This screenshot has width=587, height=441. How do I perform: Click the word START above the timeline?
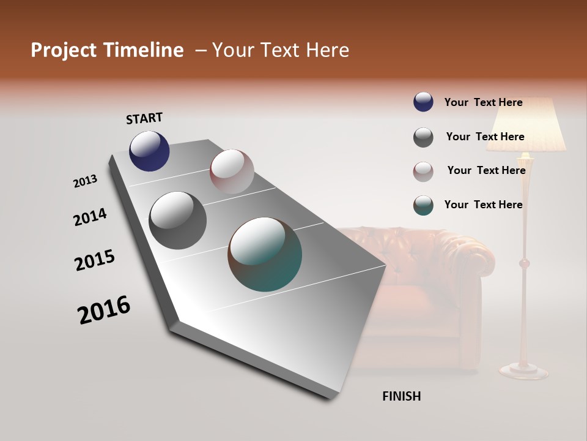click(144, 118)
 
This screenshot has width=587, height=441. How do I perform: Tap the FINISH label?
click(401, 396)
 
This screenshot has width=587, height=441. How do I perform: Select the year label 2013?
click(85, 181)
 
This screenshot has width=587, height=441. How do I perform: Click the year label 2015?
click(94, 260)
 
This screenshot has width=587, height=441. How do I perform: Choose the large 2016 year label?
click(104, 310)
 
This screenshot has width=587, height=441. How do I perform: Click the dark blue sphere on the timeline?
click(149, 151)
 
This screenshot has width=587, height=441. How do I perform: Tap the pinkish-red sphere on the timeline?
click(232, 171)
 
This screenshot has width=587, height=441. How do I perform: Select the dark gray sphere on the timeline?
click(177, 220)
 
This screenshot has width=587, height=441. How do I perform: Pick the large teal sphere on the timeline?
click(265, 254)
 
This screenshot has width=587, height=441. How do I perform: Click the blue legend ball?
click(423, 102)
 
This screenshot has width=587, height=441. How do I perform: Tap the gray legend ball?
click(423, 137)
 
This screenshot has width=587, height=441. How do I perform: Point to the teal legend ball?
click(423, 205)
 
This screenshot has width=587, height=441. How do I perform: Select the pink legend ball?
click(423, 171)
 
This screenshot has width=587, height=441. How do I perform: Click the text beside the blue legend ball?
click(483, 102)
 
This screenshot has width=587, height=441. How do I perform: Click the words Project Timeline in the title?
click(107, 50)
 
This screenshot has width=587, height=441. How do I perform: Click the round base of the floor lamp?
click(524, 370)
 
